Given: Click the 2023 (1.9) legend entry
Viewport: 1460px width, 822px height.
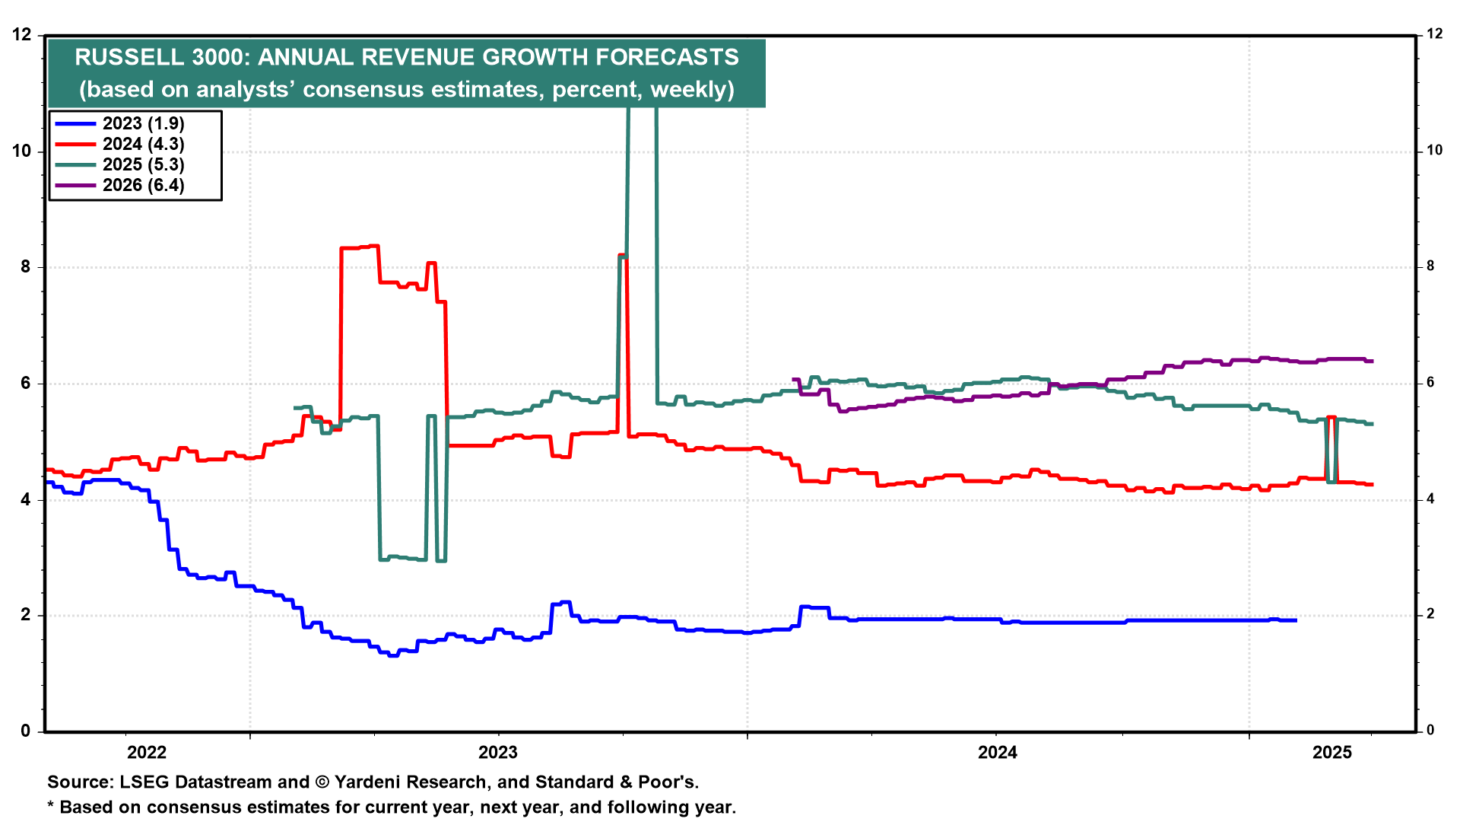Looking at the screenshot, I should pyautogui.click(x=143, y=123).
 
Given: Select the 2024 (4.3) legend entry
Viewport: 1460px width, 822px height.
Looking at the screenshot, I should pyautogui.click(x=143, y=144).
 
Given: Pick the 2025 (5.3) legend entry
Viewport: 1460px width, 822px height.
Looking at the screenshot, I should pyautogui.click(x=143, y=164).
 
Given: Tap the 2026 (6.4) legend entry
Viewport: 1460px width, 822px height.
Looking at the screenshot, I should pyautogui.click(x=143, y=185).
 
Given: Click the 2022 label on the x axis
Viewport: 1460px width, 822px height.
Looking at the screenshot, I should pyautogui.click(x=147, y=753).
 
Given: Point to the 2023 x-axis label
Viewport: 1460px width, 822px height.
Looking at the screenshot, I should pyautogui.click(x=497, y=753).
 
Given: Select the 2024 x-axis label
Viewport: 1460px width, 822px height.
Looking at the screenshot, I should pyautogui.click(x=997, y=753).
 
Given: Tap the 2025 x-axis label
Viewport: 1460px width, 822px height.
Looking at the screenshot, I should pyautogui.click(x=1332, y=753).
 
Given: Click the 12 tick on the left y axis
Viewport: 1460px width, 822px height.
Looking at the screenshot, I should pyautogui.click(x=22, y=34).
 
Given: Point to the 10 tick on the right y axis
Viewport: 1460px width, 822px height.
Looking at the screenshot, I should pyautogui.click(x=1434, y=151).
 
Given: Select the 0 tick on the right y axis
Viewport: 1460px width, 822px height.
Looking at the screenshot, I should pyautogui.click(x=1430, y=731).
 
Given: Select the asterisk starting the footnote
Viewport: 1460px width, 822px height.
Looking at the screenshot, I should pyautogui.click(x=51, y=806).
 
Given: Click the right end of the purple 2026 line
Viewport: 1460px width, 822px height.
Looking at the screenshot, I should pyautogui.click(x=1372, y=361).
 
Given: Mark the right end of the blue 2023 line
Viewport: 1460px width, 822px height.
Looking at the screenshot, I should pyautogui.click(x=1296, y=620).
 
